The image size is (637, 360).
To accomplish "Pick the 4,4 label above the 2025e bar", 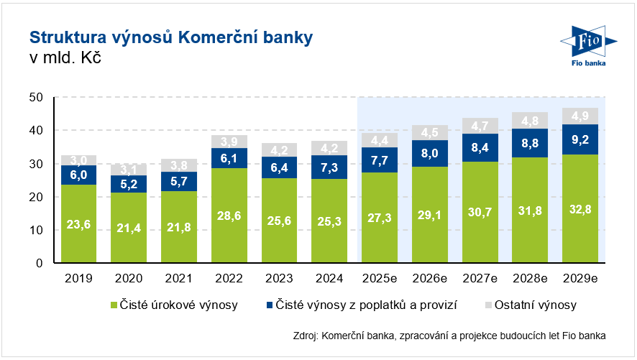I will click(x=380, y=140).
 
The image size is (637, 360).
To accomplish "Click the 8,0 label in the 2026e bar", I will click(x=430, y=153).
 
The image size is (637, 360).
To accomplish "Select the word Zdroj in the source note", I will click(x=307, y=335).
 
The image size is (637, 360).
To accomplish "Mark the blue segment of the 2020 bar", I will click(x=129, y=184).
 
